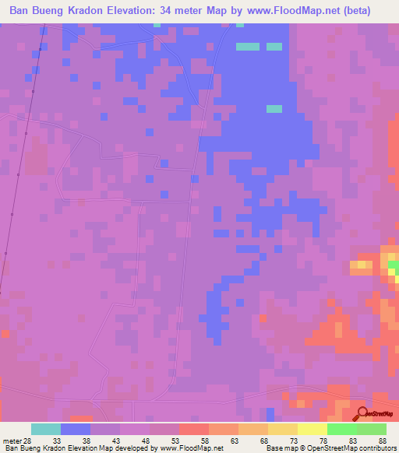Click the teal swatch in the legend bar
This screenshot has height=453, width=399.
[x=46, y=429]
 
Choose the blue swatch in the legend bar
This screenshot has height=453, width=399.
[x=76, y=429]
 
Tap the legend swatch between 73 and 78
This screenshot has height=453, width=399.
[x=312, y=429]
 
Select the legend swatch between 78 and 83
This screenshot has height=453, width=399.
[x=341, y=429]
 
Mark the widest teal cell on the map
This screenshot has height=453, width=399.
[x=248, y=47]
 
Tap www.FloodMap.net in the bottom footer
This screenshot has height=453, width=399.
[x=192, y=448]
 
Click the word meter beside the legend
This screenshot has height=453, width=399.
[x=11, y=441]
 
